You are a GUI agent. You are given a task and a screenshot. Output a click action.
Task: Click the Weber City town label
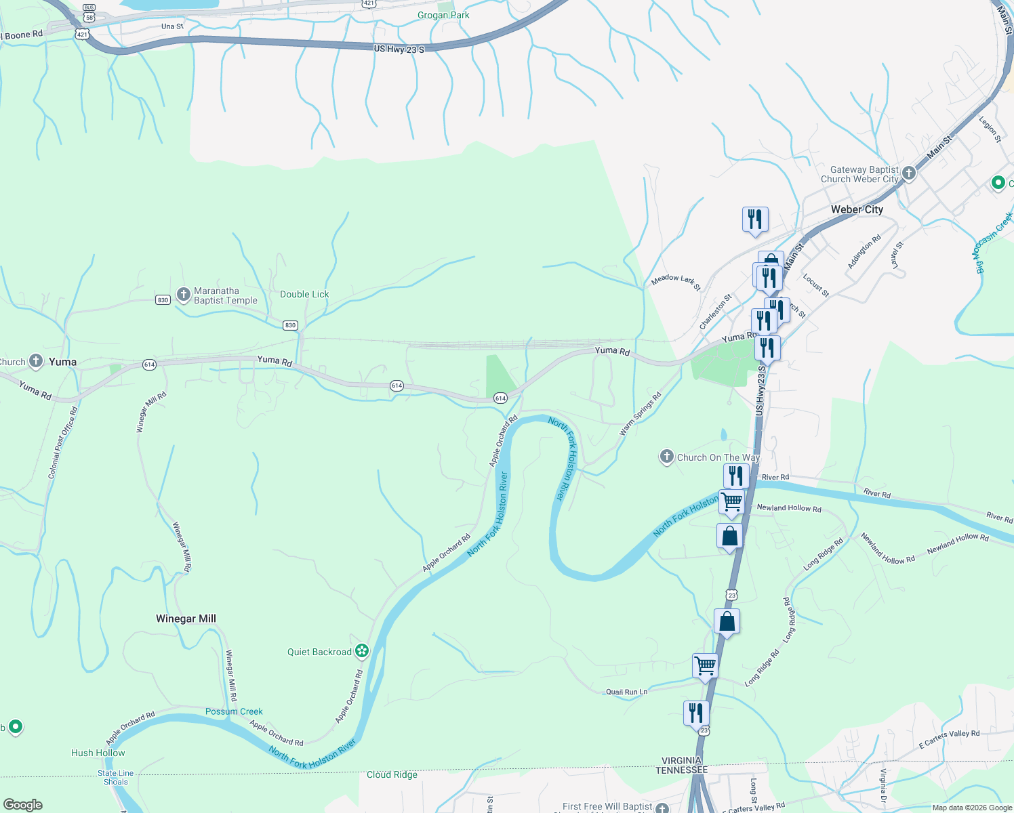coord(857,209)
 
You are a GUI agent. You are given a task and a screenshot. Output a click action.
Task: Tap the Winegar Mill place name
coord(186,619)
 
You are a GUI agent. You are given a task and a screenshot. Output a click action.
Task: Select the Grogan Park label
coord(443,15)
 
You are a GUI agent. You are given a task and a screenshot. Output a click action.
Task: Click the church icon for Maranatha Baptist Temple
coord(183,295)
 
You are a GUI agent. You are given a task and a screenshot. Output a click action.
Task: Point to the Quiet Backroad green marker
coord(363,652)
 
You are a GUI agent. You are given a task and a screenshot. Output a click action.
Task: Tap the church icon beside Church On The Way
coord(667,457)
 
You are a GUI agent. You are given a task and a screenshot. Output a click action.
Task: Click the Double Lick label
coord(304,294)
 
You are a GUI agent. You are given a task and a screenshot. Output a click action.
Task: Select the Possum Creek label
coord(234,711)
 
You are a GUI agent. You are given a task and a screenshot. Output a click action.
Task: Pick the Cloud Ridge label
coord(392,774)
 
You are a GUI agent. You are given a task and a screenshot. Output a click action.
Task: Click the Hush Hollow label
coord(98,753)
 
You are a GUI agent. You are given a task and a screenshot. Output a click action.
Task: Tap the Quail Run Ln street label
coord(626,692)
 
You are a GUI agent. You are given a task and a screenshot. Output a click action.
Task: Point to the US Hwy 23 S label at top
coord(399,49)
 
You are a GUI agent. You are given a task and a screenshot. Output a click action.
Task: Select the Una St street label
coord(172,26)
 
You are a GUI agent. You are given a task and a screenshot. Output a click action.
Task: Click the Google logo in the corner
coord(23,805)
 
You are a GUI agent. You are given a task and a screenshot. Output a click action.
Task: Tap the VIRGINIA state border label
coord(681,760)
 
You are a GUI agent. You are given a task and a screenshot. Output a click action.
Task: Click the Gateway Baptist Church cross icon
coord(909,173)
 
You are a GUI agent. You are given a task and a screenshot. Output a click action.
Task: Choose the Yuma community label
coord(62,362)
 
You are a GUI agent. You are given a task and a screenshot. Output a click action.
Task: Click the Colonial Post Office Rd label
coord(62,443)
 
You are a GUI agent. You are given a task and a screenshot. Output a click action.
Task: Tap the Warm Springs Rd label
coord(641,414)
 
